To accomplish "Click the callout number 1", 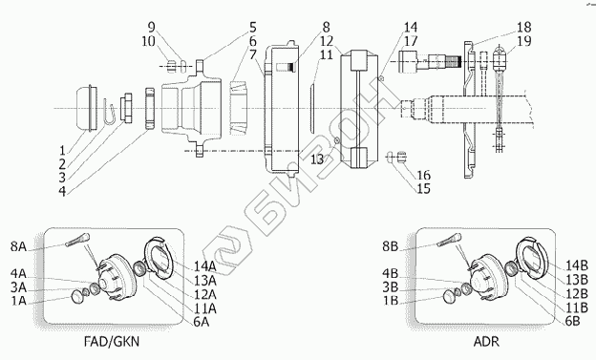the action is pos(62,150).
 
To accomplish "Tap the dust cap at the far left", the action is pos(86,108).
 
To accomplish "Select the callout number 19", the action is pos(524,41).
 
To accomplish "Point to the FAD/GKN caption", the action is pos(112,341).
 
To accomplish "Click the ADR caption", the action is pos(486,341).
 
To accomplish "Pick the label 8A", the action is pos(18,246).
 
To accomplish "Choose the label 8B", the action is pos(390,246).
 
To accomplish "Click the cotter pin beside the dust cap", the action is pos(109,112).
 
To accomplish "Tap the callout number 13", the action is pos(317,159).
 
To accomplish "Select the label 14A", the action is pos(205,266).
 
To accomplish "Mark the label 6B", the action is pos(572,321).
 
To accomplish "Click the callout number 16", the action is pos(423,175).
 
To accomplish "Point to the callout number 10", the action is pos(149,41).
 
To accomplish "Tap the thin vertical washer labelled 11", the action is pos(311,109).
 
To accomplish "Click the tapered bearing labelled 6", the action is pos(239,108).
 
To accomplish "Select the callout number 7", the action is pos(253,54).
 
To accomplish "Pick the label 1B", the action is pos(391,300).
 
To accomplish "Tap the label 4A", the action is pos(18,273).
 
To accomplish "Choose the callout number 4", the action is pos(62,191).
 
